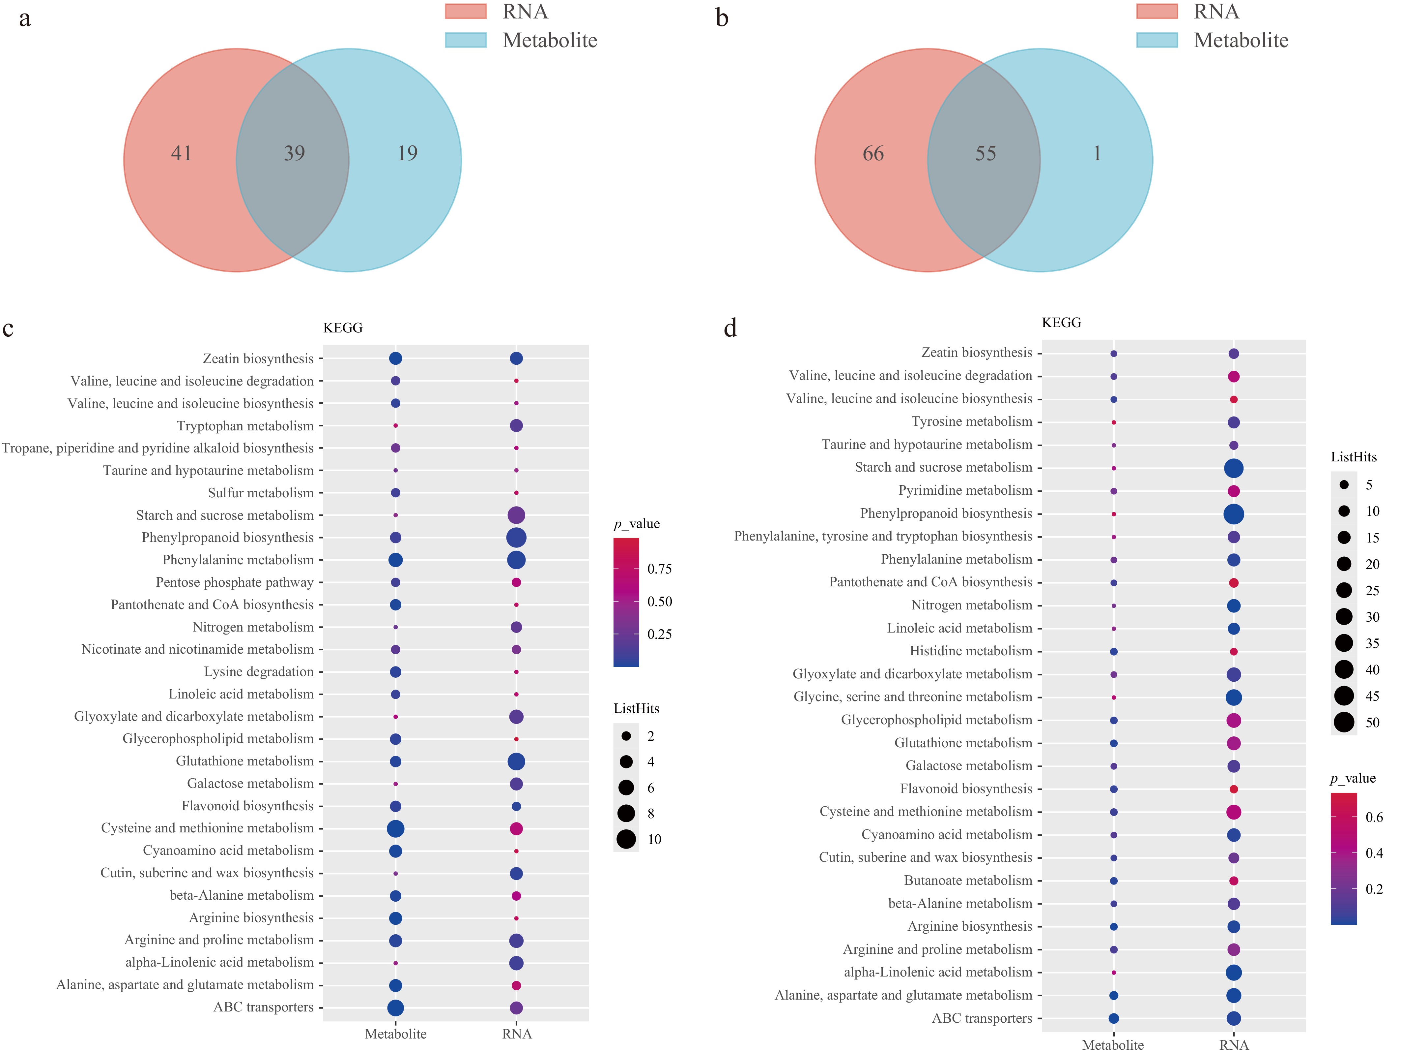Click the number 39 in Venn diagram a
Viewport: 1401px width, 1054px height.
[x=294, y=153]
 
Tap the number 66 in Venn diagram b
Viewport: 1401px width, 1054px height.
[x=873, y=153]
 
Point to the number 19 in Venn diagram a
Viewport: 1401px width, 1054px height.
[x=407, y=153]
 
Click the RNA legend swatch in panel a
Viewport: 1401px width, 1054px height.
[x=466, y=12]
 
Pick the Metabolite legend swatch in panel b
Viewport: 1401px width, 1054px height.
[x=1157, y=40]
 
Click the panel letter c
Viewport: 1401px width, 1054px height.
[x=8, y=328]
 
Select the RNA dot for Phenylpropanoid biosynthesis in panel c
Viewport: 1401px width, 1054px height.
[x=516, y=538]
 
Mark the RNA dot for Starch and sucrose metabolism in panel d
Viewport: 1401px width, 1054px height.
[x=1233, y=468]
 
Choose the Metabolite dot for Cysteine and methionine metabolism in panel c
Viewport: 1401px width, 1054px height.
[x=395, y=828]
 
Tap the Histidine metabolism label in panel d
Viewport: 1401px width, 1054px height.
[x=970, y=651]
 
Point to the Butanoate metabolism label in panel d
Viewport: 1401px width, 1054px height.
[x=968, y=880]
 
